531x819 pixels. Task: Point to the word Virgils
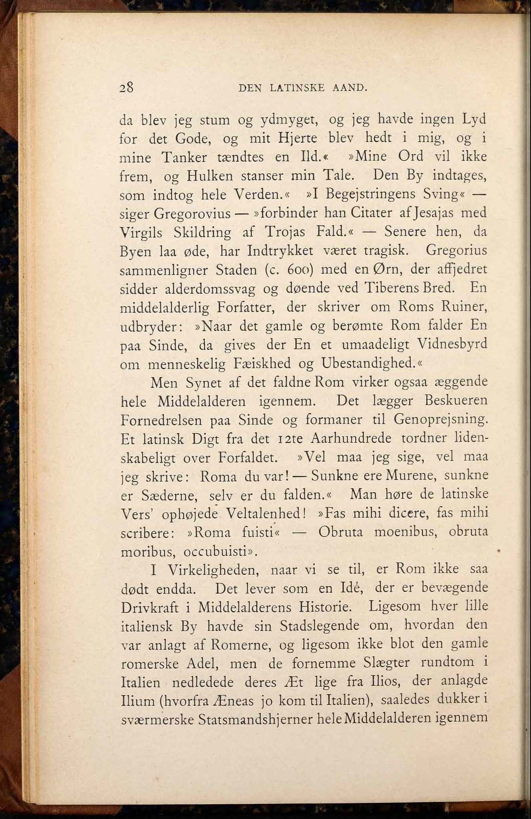coord(141,233)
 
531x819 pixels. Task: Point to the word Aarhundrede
coord(351,438)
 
